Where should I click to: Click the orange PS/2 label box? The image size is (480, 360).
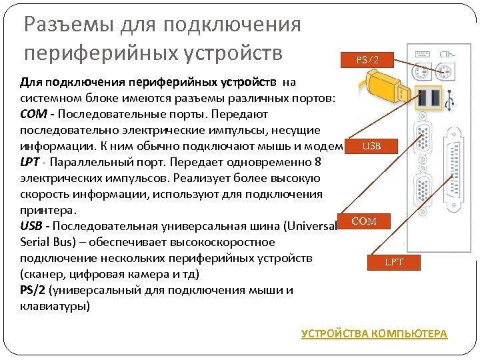coord(367,60)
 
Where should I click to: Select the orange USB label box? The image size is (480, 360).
coord(371,146)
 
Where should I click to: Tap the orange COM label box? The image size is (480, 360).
coord(364,221)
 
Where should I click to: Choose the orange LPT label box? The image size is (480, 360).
coord(394,262)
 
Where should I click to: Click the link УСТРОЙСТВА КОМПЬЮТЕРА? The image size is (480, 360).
coord(375,334)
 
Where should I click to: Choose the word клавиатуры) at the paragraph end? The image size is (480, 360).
coord(54,306)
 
